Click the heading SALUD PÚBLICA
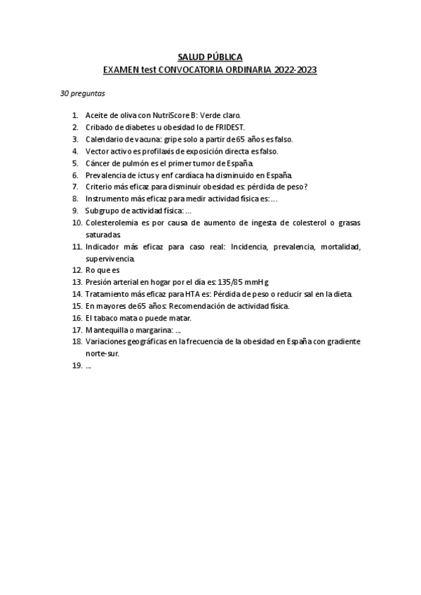point(210,57)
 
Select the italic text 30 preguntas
point(83,93)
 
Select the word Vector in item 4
point(98,151)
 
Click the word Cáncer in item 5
point(99,163)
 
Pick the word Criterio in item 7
point(101,187)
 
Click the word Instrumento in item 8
point(108,199)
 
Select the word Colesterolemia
point(114,222)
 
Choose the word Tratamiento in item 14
point(109,294)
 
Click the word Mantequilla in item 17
point(109,330)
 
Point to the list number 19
point(76,366)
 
